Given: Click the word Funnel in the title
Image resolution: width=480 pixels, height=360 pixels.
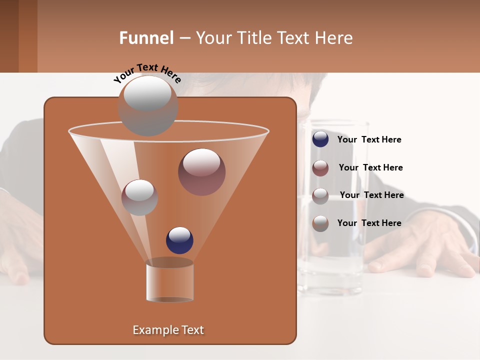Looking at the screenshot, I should tap(146, 38).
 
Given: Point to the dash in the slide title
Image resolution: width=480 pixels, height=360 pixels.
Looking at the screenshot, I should tap(184, 38).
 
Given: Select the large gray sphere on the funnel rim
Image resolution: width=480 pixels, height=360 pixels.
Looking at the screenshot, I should tap(148, 105).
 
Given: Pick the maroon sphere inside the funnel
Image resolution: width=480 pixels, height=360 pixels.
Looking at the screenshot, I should tap(201, 172).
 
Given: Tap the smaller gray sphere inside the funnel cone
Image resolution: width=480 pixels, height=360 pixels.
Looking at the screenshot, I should tap(139, 197).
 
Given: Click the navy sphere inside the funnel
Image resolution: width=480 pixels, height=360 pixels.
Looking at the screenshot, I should tap(179, 240).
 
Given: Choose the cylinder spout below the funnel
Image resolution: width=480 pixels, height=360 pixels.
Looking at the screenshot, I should tap(169, 281).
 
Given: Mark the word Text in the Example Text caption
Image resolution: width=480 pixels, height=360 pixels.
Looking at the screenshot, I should tap(192, 330).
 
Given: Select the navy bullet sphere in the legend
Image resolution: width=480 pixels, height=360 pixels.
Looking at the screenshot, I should tap(320, 139).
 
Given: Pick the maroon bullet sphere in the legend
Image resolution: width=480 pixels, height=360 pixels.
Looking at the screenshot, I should tap(320, 167).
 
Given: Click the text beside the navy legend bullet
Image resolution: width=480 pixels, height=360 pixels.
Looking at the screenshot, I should tap(369, 139).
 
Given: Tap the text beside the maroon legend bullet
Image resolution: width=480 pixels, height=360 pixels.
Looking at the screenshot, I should tap(370, 167).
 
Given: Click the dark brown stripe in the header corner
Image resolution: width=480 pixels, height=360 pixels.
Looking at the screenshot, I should tap(9, 36).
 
